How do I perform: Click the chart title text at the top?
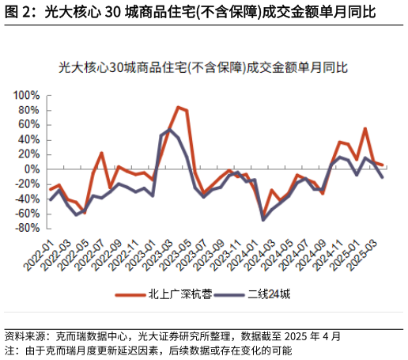point(204,69)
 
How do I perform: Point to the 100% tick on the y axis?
point(26,96)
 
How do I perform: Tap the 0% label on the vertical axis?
point(32,169)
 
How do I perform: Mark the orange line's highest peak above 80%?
point(178,107)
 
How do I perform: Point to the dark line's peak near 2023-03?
point(170,129)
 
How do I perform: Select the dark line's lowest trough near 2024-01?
point(263,219)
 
